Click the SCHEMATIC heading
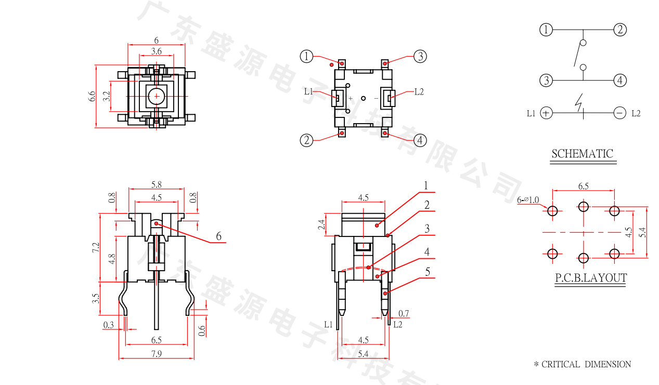tap(582, 154)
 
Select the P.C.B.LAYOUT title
tap(591, 278)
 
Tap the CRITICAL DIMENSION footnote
tap(582, 364)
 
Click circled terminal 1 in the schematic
tap(546, 30)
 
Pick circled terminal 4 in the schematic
tap(620, 80)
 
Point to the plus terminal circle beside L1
tap(546, 113)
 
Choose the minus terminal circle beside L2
tap(619, 113)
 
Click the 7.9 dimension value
tap(157, 354)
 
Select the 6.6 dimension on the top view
tap(92, 97)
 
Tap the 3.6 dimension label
tap(157, 51)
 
